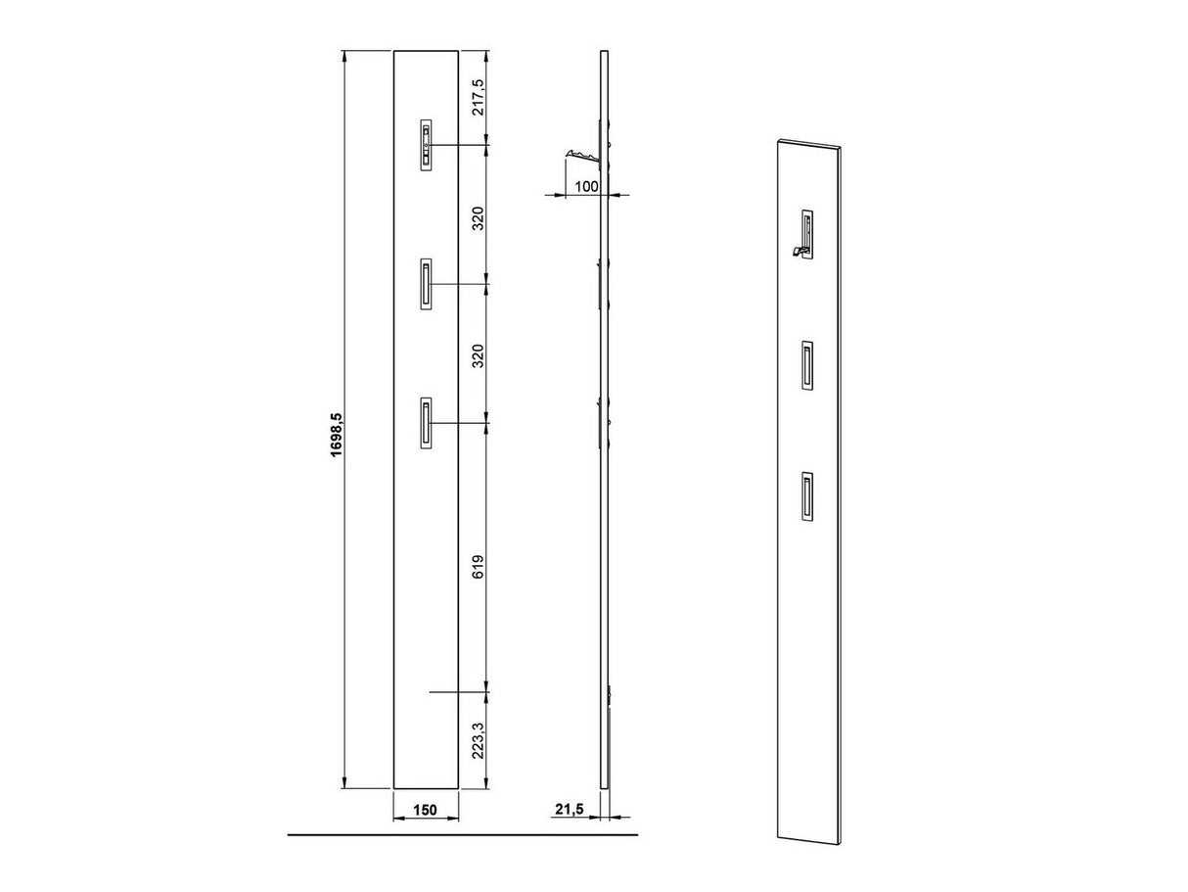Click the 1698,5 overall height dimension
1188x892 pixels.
pyautogui.click(x=336, y=435)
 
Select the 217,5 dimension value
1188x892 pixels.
pyautogui.click(x=479, y=98)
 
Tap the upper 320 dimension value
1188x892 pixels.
pyautogui.click(x=479, y=218)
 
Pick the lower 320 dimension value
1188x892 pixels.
pyautogui.click(x=479, y=356)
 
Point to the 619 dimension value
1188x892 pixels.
pyautogui.click(x=479, y=567)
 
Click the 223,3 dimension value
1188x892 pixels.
pyautogui.click(x=479, y=740)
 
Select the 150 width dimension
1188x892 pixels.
pyautogui.click(x=425, y=824)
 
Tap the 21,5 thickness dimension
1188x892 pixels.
pyautogui.click(x=570, y=824)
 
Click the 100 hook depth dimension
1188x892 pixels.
pyautogui.click(x=587, y=187)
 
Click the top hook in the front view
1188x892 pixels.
pyautogui.click(x=426, y=146)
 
